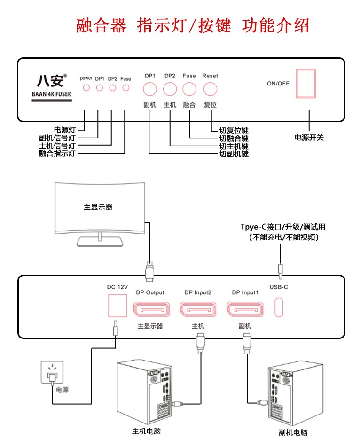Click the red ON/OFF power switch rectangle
pos(305,84)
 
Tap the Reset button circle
pos(210,89)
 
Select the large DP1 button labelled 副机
pos(150,89)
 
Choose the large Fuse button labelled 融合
pos(189,89)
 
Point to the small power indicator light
pos(86,87)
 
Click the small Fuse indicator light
pos(125,87)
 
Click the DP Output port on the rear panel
pos(150,309)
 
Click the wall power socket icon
pos(51,374)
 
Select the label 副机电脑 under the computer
pos(293,432)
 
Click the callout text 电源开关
pos(309,138)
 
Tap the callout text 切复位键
pos(234,131)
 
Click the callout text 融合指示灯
pos(57,154)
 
